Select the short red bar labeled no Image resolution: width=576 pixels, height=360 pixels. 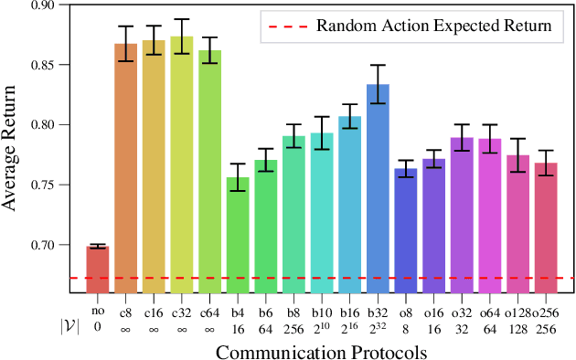pos(97,269)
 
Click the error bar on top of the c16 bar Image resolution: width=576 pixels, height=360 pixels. pos(154,40)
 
